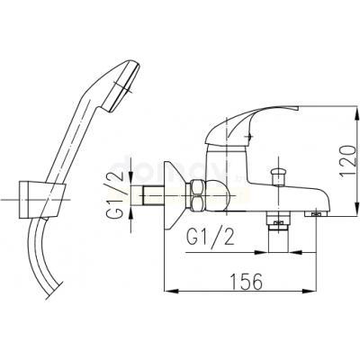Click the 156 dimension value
click(x=246, y=282)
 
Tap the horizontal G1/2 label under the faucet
click(x=210, y=238)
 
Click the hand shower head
click(x=121, y=86)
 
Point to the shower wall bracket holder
click(x=42, y=200)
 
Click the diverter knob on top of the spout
click(x=279, y=177)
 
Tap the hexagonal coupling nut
click(x=195, y=195)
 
